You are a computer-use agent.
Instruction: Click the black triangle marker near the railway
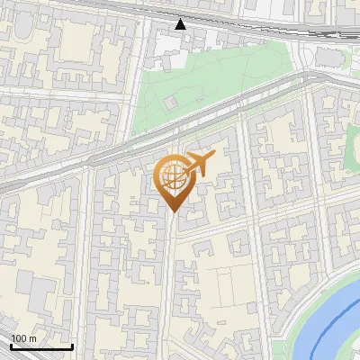(181, 23)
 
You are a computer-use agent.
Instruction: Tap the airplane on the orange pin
(200, 163)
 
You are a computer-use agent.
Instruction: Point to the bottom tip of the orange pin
(172, 211)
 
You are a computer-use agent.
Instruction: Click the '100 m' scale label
(23, 338)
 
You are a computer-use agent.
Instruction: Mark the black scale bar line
(41, 347)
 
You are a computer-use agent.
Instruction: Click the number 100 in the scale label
(19, 338)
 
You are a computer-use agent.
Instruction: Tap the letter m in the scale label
(32, 338)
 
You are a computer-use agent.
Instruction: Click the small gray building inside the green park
(168, 102)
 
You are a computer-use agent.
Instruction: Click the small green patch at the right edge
(353, 144)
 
